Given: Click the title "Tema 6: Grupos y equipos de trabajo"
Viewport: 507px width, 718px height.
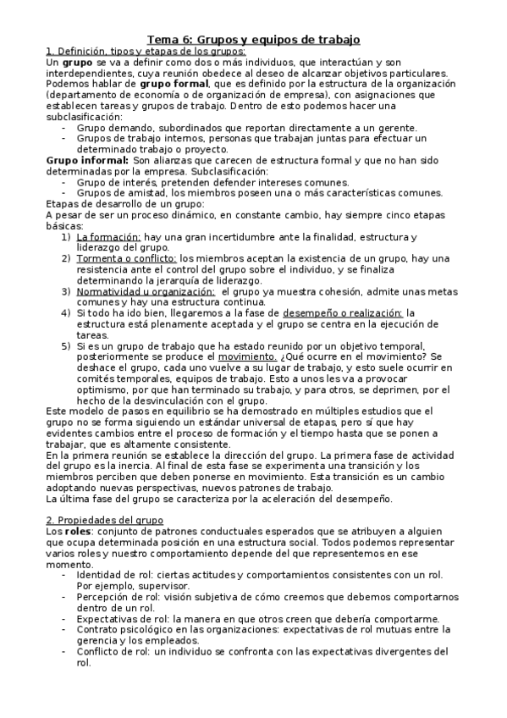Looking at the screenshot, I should click(254, 39).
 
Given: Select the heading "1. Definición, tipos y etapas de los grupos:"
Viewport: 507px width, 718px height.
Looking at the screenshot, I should click(139, 51).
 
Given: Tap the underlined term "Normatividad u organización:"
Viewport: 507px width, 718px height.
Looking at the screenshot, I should click(143, 290).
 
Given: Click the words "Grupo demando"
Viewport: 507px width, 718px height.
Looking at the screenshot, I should click(110, 127).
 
